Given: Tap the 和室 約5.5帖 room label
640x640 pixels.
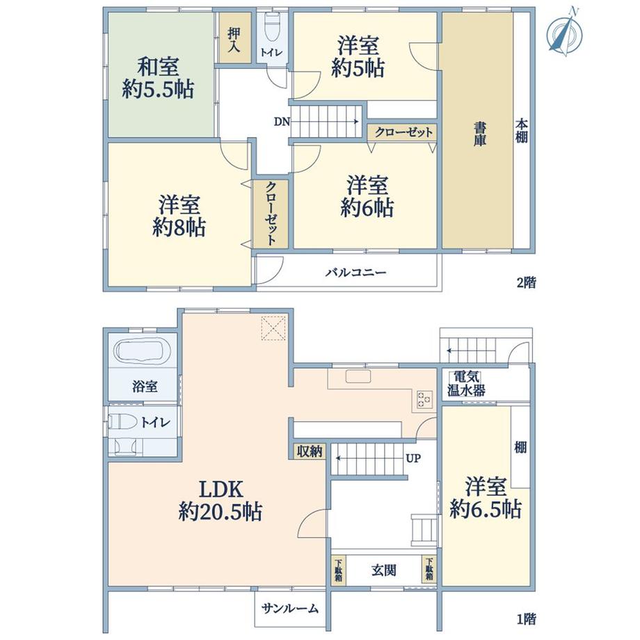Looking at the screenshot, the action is click(x=158, y=78).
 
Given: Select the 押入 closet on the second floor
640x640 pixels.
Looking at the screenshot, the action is click(x=234, y=38).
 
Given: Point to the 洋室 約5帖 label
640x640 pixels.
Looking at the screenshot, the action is click(x=358, y=57).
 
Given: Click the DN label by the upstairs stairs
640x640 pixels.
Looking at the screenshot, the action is click(x=282, y=122).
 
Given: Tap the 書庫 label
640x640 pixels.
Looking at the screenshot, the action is click(x=479, y=134).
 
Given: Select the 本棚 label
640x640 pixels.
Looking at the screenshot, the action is click(x=522, y=131).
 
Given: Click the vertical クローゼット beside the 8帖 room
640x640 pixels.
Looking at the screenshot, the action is click(x=271, y=214).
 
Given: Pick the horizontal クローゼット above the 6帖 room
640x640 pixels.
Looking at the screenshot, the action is click(x=402, y=132).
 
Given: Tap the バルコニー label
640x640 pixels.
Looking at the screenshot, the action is click(x=355, y=272).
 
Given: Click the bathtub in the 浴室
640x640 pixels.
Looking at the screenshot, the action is click(x=143, y=350).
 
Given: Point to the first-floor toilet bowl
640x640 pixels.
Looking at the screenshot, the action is click(x=123, y=422).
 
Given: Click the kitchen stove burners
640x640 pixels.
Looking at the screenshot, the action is click(x=424, y=399).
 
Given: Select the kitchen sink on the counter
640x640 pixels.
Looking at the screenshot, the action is click(x=358, y=376).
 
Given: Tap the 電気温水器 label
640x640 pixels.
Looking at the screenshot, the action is click(x=466, y=384).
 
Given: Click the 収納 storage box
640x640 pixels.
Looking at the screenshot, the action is click(x=310, y=451).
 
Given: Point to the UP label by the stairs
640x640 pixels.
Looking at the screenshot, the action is click(x=413, y=458).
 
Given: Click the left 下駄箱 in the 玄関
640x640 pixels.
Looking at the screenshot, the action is click(x=338, y=569).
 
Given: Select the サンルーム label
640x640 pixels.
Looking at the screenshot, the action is click(x=290, y=609).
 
